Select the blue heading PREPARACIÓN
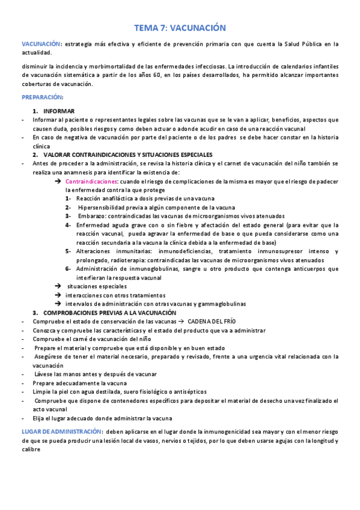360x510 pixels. click(42, 97)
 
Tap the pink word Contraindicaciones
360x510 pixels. click(91, 181)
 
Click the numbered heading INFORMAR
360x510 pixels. click(59, 111)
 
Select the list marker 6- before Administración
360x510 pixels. click(69, 269)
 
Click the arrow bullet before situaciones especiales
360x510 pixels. click(58, 286)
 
